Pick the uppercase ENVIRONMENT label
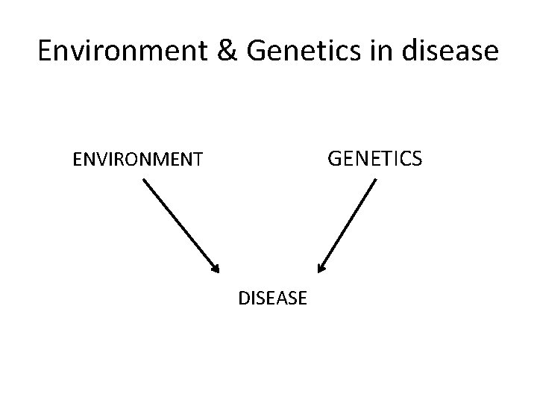pyautogui.click(x=137, y=159)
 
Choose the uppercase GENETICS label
pyautogui.click(x=375, y=158)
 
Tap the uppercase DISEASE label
pyautogui.click(x=272, y=299)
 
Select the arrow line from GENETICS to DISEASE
pyautogui.click(x=347, y=224)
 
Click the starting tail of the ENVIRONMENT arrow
pyautogui.click(x=142, y=179)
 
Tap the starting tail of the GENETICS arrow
pyautogui.click(x=375, y=179)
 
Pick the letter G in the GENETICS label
pyautogui.click(x=335, y=158)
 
